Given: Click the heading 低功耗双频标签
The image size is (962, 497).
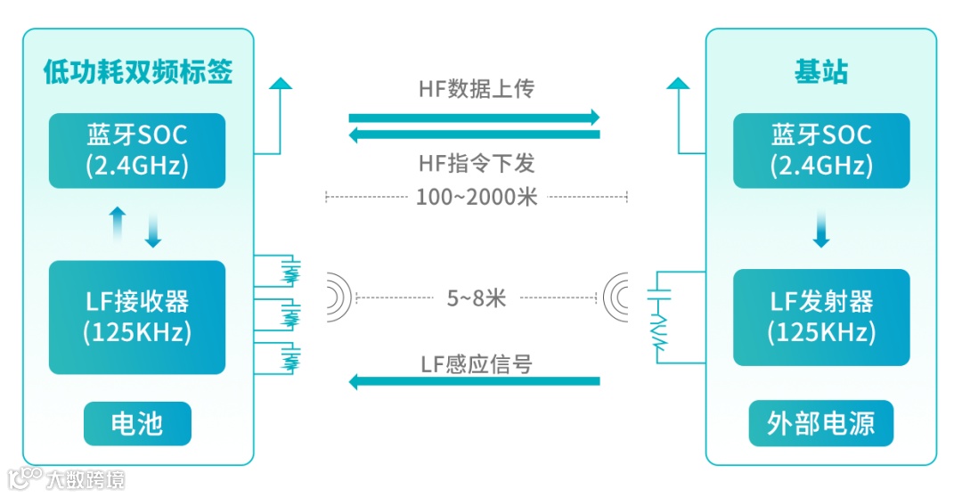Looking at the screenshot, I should point(138,71).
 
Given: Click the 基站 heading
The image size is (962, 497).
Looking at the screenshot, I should point(820,71).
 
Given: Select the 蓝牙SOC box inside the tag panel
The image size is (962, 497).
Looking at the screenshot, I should point(137,151).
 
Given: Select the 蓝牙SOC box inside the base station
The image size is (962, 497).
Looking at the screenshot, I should point(821,151).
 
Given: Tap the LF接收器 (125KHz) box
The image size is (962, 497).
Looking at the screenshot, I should point(137,316).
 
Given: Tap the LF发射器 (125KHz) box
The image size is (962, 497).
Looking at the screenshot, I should point(821,316).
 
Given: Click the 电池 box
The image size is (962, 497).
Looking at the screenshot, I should point(137,423).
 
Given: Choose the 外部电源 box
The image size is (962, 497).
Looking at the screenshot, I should point(821,423).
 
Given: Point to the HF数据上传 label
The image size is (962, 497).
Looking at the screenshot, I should point(476,89).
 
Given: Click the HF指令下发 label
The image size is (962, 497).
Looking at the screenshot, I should point(476,164).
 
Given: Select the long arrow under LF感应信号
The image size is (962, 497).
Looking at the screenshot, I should point(474,382).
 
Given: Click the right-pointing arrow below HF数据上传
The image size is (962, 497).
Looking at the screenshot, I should point(474,118).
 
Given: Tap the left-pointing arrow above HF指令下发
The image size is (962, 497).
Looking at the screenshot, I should point(474,135).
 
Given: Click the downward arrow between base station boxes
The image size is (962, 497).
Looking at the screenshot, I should point(821,232).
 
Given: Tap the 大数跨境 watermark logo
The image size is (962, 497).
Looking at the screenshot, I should point(66,478).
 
